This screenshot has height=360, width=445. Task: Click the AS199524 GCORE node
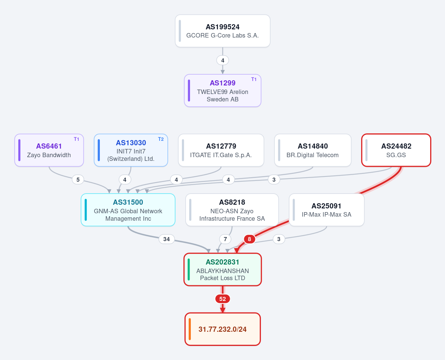click(223, 31)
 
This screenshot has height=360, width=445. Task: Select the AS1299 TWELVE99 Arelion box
click(223, 91)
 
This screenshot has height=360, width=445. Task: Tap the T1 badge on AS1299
click(254, 79)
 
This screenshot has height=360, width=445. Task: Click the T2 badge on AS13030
click(161, 139)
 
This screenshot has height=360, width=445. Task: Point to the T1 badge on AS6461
click(76, 139)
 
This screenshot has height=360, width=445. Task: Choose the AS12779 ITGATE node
click(221, 150)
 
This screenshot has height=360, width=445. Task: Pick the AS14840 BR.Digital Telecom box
click(313, 150)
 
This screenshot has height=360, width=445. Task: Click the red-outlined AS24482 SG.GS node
click(396, 150)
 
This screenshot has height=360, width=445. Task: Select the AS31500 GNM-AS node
click(128, 210)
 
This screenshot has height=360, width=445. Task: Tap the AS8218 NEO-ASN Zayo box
click(232, 210)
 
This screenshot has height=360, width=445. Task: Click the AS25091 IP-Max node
click(327, 210)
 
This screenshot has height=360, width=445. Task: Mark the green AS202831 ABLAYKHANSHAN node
click(223, 270)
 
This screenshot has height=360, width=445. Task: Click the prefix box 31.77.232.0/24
click(223, 329)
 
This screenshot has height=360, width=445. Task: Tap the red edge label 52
click(223, 299)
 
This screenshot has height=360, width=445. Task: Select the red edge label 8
click(249, 239)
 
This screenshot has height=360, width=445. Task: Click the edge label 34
click(167, 239)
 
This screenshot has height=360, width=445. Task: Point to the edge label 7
click(225, 239)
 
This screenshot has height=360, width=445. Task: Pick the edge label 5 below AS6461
click(78, 179)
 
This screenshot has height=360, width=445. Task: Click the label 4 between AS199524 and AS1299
click(223, 60)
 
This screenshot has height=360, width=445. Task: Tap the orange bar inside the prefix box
click(190, 329)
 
